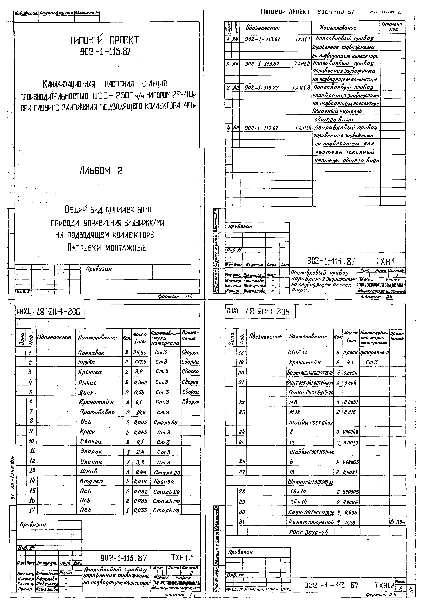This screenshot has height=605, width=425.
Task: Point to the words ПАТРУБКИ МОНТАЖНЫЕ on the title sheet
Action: point(107,248)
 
